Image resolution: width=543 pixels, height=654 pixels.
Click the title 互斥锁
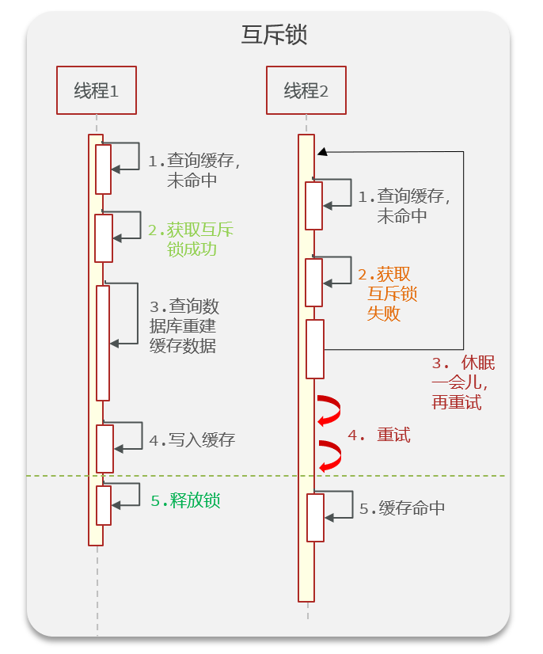(x=273, y=36)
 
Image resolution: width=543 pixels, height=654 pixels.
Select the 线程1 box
(x=97, y=91)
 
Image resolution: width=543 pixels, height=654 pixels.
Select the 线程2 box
(x=306, y=91)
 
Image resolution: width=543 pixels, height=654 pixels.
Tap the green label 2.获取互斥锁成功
(x=191, y=239)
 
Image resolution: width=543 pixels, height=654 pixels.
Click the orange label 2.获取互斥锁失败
(x=387, y=294)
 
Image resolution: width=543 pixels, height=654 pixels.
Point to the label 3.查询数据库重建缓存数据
(x=184, y=326)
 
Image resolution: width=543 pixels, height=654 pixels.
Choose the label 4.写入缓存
(x=192, y=440)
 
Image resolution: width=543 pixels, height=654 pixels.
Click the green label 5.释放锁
(x=185, y=500)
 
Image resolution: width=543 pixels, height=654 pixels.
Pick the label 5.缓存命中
(x=402, y=508)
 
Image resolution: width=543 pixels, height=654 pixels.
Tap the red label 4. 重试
(x=379, y=435)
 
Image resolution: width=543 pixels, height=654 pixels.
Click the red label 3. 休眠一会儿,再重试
(x=463, y=382)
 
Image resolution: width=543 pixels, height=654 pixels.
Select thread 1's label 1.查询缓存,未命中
(x=194, y=169)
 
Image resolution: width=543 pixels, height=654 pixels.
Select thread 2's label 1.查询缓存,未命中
(x=404, y=205)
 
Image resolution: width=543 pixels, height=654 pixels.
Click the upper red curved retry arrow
(x=329, y=409)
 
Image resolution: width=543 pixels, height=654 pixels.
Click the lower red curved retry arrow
(x=330, y=456)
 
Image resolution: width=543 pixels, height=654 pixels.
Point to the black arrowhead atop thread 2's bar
(x=321, y=151)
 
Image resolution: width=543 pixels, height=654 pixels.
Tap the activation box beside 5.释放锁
(x=104, y=505)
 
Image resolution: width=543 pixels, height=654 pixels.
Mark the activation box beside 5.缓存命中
(x=315, y=518)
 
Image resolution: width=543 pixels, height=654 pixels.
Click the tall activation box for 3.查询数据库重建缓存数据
(x=103, y=343)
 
